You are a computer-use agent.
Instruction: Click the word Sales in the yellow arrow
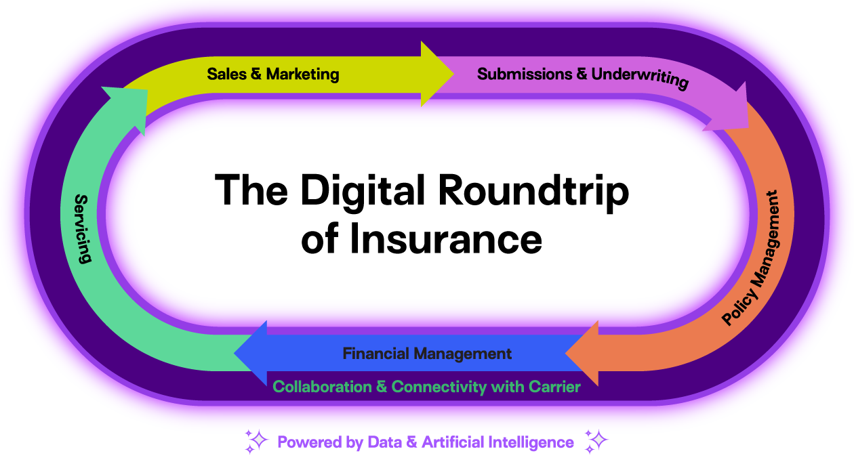226,74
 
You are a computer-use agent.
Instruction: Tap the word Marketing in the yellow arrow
302,74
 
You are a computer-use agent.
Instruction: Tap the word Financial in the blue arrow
376,354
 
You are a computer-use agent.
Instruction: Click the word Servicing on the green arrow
82,229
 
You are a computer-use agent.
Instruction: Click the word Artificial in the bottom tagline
448,442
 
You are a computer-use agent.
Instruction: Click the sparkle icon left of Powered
256,441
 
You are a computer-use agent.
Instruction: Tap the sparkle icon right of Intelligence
596,441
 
